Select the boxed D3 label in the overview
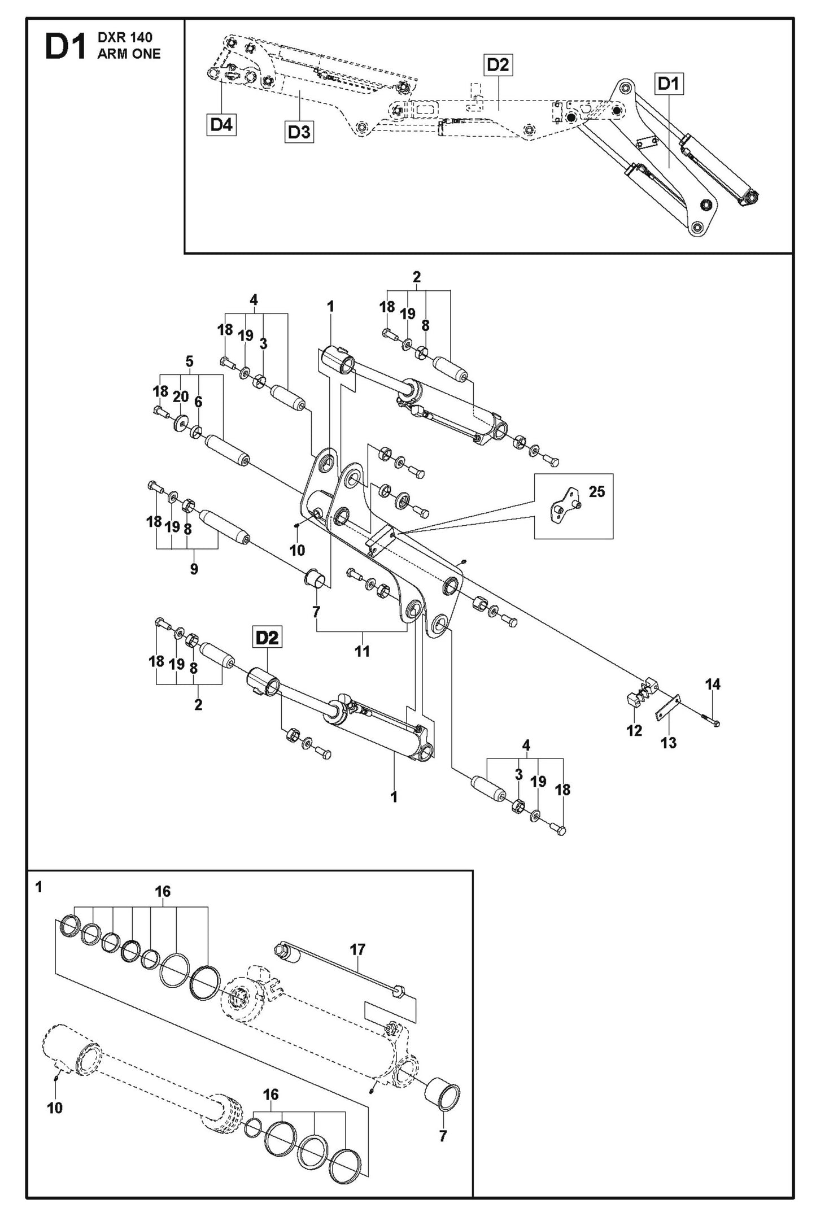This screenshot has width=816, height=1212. pos(299,132)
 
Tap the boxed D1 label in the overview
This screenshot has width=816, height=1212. pos(669,84)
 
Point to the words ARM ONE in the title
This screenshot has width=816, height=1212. pos(129,54)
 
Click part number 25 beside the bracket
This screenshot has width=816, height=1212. pos(597,491)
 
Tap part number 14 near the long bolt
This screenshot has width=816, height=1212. pos(713,685)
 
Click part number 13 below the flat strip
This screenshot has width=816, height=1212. pos(669,743)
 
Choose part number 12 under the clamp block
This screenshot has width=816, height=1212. pos(634,730)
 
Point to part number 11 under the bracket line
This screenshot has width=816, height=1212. pos(362,651)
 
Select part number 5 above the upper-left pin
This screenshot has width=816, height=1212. pos(189,361)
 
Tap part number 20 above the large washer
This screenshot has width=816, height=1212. pos(181,396)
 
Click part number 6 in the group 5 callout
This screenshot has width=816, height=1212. pos(198,402)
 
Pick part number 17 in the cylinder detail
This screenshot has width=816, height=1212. pos(358,949)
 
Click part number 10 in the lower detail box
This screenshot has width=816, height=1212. pos(55,1108)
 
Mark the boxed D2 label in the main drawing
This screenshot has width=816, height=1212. pos(267,638)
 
